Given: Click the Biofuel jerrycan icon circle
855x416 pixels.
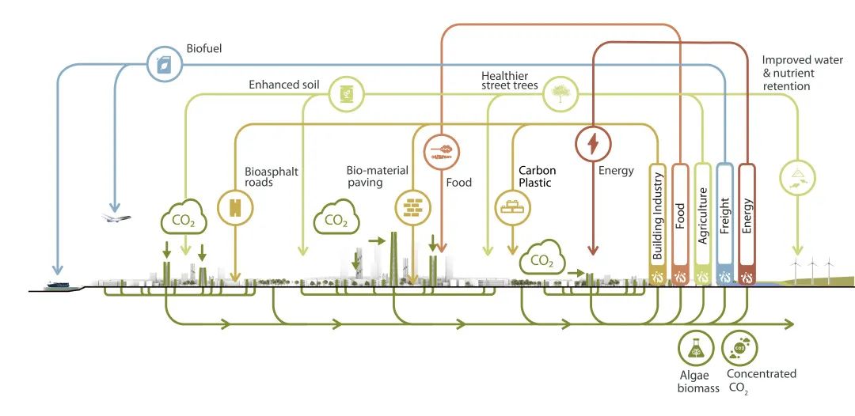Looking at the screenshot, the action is pyautogui.click(x=165, y=64).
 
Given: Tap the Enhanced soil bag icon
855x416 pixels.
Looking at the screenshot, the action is pyautogui.click(x=346, y=95).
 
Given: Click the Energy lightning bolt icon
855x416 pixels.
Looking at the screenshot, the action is pyautogui.click(x=593, y=144).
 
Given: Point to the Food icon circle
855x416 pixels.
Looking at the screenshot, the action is pyautogui.click(x=442, y=149).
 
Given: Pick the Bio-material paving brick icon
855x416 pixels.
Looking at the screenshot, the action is pyautogui.click(x=412, y=207).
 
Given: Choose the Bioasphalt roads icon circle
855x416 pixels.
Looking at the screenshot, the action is pyautogui.click(x=235, y=207).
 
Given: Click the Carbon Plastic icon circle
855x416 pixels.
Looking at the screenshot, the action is pyautogui.click(x=512, y=207).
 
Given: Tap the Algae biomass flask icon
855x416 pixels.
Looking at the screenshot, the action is pyautogui.click(x=696, y=348).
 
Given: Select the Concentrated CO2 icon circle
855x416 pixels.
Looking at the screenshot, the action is pyautogui.click(x=739, y=348).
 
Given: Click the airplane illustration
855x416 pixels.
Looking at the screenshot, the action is pyautogui.click(x=116, y=217).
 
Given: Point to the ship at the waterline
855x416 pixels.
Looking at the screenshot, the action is pyautogui.click(x=60, y=285).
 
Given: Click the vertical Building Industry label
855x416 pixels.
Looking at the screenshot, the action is pyautogui.click(x=658, y=216).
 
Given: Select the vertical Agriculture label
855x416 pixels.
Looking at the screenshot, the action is pyautogui.click(x=702, y=216).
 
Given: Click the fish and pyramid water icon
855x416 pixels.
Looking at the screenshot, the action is pyautogui.click(x=798, y=177).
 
